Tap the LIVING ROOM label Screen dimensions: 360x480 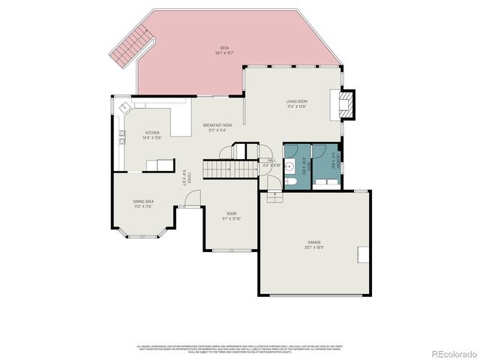point(297,100)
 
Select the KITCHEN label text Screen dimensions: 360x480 point(152,133)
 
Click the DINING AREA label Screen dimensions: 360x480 point(144,201)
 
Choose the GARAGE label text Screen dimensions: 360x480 point(313,242)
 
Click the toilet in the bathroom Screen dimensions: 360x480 point(290,180)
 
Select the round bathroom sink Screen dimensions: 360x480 point(289,168)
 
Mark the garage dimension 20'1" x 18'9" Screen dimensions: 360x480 point(313,247)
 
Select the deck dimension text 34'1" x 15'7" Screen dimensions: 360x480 point(224,52)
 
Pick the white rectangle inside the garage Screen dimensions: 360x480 point(363,254)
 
